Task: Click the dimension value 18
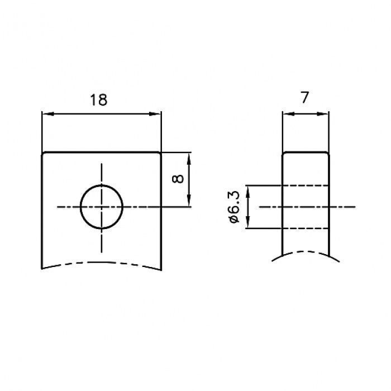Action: click(x=98, y=100)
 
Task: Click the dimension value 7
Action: click(x=305, y=98)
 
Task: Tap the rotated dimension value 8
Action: click(x=178, y=179)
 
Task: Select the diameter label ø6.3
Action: click(x=233, y=207)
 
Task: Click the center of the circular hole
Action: click(x=102, y=207)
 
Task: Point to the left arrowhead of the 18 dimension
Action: click(x=48, y=114)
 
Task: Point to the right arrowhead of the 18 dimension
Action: click(x=155, y=114)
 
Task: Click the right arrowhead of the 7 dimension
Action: click(x=322, y=114)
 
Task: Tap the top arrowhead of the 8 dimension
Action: click(x=189, y=159)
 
